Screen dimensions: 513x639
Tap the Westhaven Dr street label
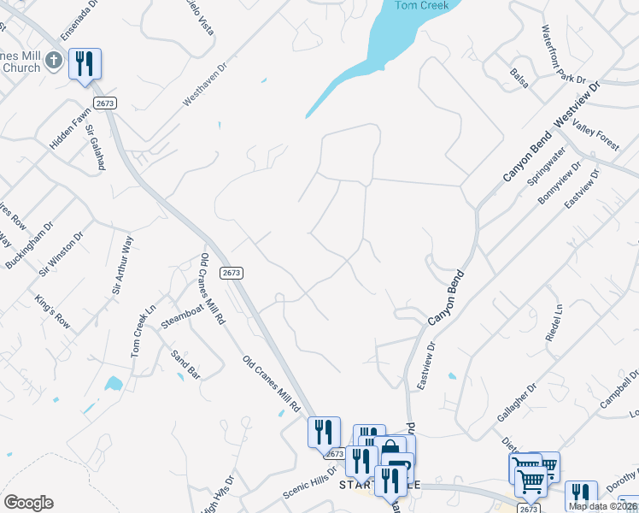click(207, 83)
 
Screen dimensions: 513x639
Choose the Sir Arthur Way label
click(123, 266)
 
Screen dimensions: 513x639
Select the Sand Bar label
click(185, 365)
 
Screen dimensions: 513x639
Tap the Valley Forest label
click(596, 136)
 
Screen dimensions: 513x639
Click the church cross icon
click(54, 60)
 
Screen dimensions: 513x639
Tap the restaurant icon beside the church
click(85, 64)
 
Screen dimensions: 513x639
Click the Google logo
click(28, 503)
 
